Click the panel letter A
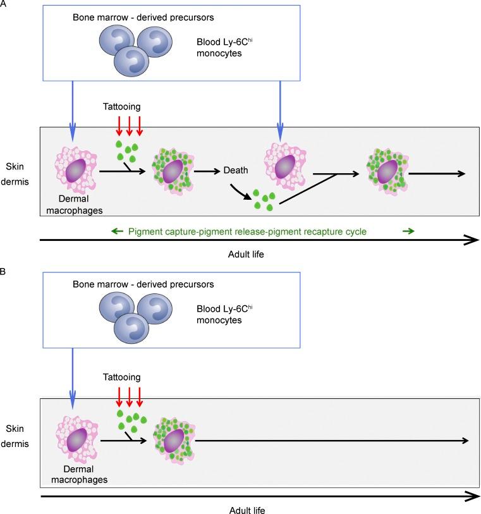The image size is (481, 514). pyautogui.click(x=4, y=4)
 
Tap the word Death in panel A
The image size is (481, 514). pyautogui.click(x=236, y=170)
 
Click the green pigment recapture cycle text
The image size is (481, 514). pyautogui.click(x=247, y=231)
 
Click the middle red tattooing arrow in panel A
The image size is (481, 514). pyautogui.click(x=129, y=127)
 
